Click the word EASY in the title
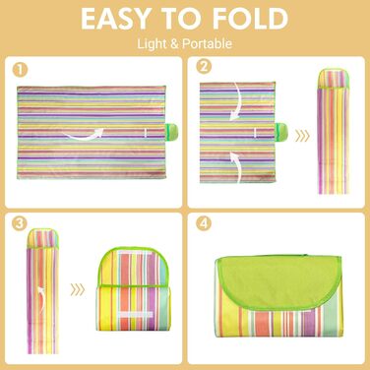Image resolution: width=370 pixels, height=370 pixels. [x=115, y=19]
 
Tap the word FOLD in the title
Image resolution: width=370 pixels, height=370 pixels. [x=250, y=19]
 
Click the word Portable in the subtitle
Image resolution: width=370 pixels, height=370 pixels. [x=207, y=43]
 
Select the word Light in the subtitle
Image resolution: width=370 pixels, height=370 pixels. [x=152, y=44]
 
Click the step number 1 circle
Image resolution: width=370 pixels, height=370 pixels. [x=20, y=70]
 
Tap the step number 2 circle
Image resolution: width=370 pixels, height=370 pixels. [x=204, y=67]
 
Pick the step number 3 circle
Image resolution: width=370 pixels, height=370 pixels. [x=19, y=223]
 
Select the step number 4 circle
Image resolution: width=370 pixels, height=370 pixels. [x=204, y=223]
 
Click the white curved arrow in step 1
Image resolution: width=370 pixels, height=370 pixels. [x=85, y=136]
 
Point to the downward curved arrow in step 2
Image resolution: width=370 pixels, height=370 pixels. [x=238, y=101]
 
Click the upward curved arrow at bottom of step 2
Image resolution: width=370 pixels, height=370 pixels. [x=238, y=167]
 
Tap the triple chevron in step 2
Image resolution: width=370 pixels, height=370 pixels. [x=302, y=136]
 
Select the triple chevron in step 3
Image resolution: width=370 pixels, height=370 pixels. [x=78, y=289]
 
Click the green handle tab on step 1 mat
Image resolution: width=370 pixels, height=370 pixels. [x=171, y=132]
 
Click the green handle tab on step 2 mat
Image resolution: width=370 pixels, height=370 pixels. [x=281, y=131]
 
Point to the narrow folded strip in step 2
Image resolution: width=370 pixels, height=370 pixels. [x=333, y=131]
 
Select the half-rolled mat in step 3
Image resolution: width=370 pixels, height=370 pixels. [x=133, y=289]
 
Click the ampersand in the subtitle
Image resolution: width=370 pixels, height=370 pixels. [x=174, y=44]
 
